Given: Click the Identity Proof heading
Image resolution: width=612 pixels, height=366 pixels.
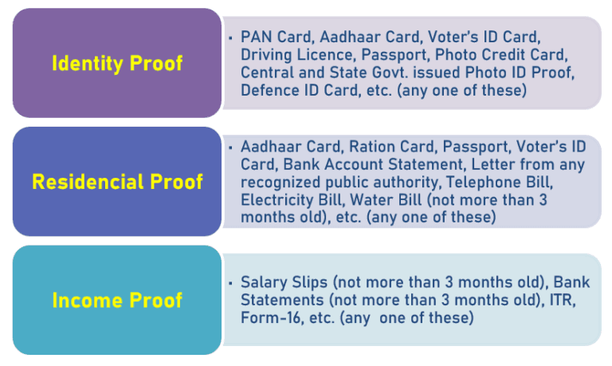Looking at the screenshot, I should [116, 63].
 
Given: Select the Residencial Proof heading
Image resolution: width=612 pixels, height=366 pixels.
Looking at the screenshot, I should [116, 182].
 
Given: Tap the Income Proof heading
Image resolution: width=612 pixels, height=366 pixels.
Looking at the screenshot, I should [116, 301].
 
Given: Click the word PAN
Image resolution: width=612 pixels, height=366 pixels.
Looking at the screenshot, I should [254, 37].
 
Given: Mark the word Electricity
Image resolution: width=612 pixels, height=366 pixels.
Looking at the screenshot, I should [275, 200].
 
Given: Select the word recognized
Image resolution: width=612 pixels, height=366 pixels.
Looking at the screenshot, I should [278, 183].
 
